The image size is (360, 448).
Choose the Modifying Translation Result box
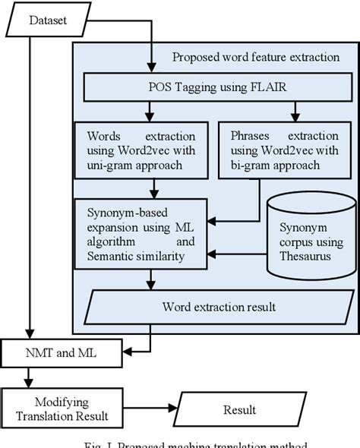pos(61,409)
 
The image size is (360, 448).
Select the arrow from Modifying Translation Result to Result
pos(153,410)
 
